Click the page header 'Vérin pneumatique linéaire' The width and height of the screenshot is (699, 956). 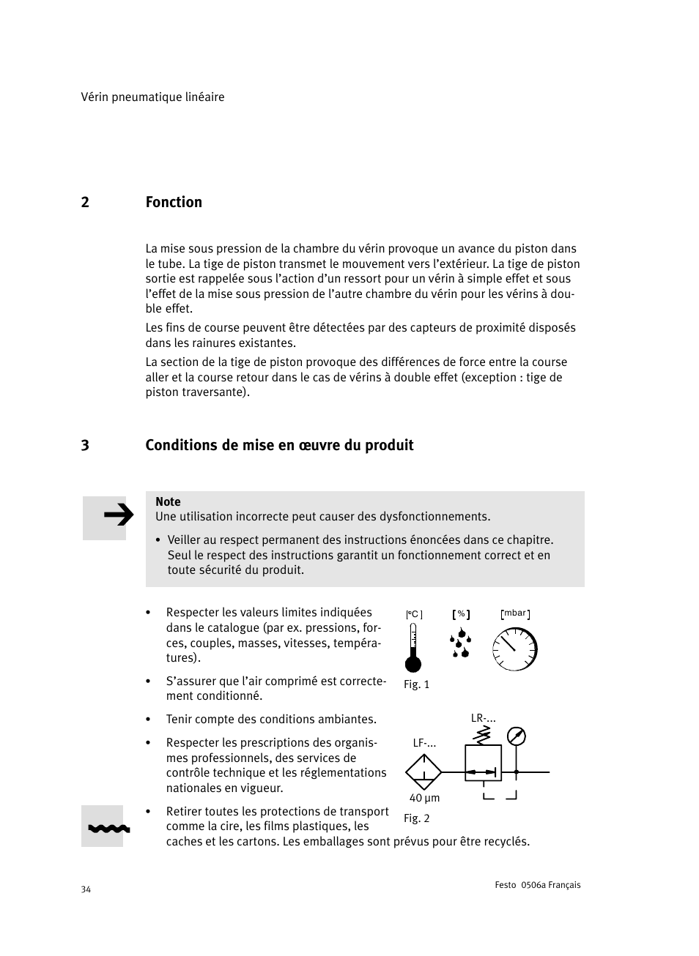152,97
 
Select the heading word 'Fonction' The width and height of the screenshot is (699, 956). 174,202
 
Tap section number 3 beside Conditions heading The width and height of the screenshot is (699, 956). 85,445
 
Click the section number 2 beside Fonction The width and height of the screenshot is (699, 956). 85,202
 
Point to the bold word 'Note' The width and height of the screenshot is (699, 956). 168,501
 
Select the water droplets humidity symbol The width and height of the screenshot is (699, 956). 460,643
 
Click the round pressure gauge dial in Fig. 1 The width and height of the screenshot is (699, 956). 515,649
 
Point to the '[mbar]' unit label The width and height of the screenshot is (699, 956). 515,613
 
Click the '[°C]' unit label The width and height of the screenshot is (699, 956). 414,615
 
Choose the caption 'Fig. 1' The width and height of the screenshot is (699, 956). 416,684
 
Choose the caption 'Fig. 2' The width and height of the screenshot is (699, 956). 416,818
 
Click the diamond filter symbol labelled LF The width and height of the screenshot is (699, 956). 424,772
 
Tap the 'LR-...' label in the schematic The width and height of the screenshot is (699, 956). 483,718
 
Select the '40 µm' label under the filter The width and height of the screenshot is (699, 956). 424,798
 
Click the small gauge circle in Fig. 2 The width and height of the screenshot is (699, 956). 517,736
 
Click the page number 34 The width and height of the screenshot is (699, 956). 86,889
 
